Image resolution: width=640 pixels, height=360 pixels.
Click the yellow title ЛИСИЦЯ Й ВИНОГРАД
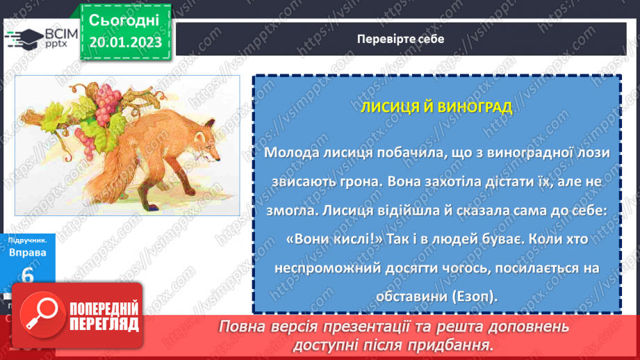(x=436, y=108)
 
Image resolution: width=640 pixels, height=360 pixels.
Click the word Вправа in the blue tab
(x=27, y=253)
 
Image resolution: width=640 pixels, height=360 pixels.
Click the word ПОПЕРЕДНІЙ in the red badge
(x=104, y=308)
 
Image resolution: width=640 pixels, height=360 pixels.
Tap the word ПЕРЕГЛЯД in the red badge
(x=104, y=324)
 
